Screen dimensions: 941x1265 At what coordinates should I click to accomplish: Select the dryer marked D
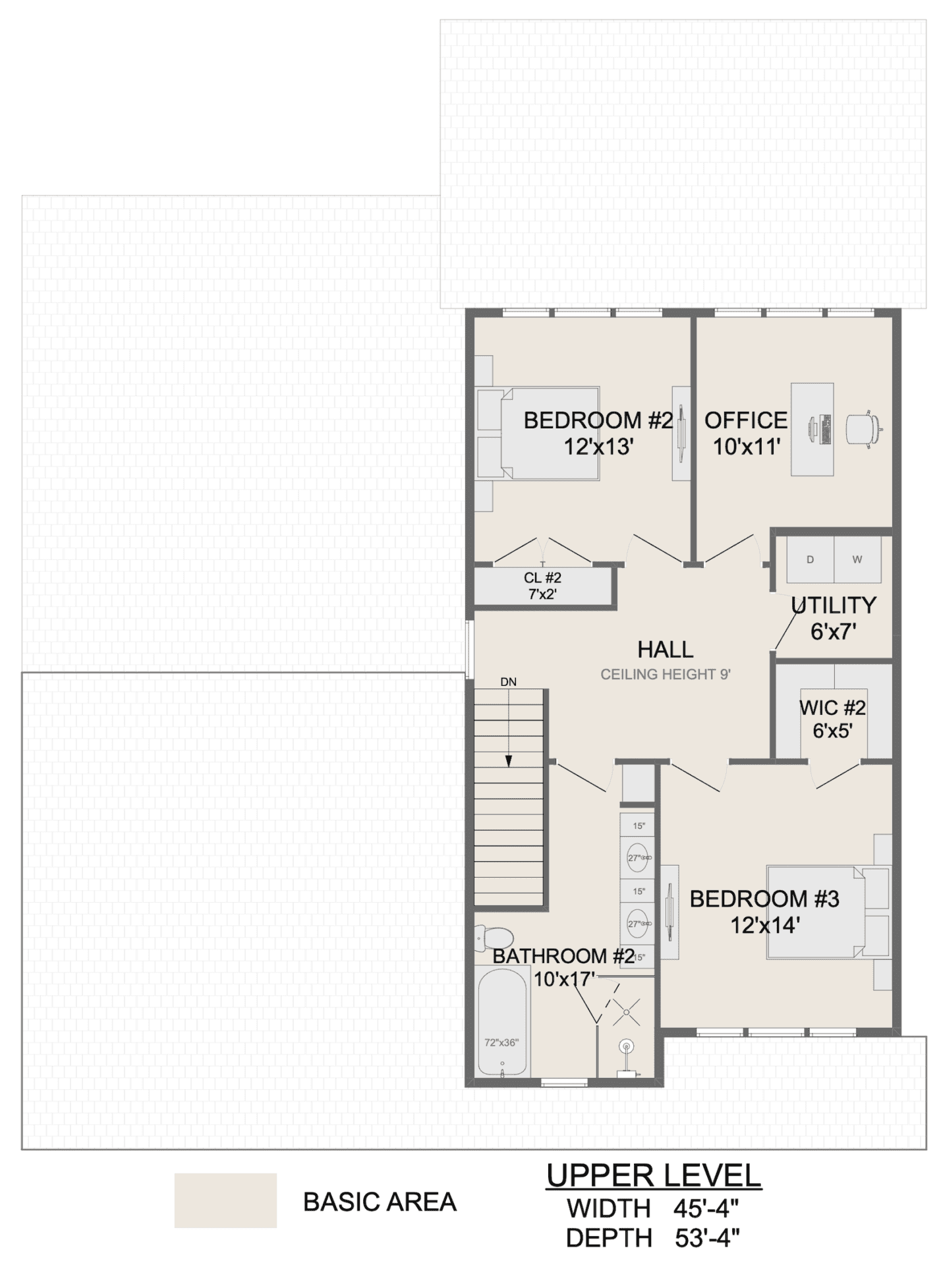(x=811, y=559)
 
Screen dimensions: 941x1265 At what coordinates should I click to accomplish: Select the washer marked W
(x=857, y=559)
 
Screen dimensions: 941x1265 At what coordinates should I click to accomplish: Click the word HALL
(x=666, y=650)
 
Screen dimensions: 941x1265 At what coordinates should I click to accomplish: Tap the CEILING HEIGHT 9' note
(x=666, y=675)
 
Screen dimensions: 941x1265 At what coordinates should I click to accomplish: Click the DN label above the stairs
(x=508, y=682)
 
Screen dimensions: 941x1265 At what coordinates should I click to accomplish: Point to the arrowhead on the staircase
(x=509, y=761)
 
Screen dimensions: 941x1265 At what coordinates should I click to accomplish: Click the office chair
(x=863, y=430)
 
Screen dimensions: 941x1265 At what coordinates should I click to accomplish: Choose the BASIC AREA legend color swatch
(x=225, y=1200)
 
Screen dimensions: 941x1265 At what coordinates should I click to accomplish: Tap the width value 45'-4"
(x=706, y=1208)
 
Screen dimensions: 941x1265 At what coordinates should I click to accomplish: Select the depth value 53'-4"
(x=707, y=1239)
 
